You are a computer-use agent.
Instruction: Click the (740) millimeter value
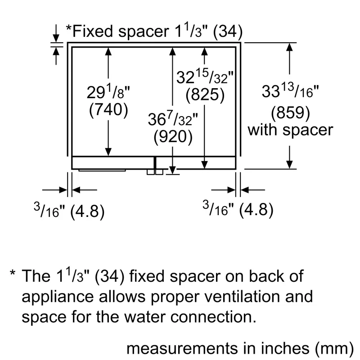tap(108, 110)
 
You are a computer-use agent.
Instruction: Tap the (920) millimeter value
tap(173, 137)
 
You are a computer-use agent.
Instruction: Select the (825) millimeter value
tap(205, 94)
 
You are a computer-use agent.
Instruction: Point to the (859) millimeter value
tap(290, 113)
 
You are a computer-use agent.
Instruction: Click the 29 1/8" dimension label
tap(108, 91)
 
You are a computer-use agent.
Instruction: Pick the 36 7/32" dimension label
tap(173, 118)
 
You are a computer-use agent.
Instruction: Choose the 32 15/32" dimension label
tap(205, 76)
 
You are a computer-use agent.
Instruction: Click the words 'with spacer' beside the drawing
tap(290, 130)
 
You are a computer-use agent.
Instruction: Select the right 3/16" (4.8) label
tap(238, 209)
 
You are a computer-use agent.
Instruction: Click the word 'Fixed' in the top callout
tap(92, 31)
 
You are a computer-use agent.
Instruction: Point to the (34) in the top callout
tap(228, 31)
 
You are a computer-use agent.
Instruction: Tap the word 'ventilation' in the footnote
tap(242, 296)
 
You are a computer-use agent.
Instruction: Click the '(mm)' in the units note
tap(334, 348)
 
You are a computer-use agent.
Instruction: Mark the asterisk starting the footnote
tap(13, 274)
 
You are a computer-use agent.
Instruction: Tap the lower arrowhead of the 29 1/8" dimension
tap(108, 152)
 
